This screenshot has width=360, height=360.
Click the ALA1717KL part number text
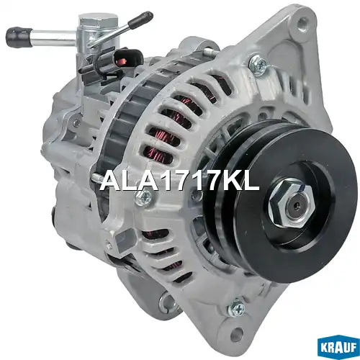(x=180, y=180)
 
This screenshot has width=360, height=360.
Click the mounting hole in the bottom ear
(x=237, y=333)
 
